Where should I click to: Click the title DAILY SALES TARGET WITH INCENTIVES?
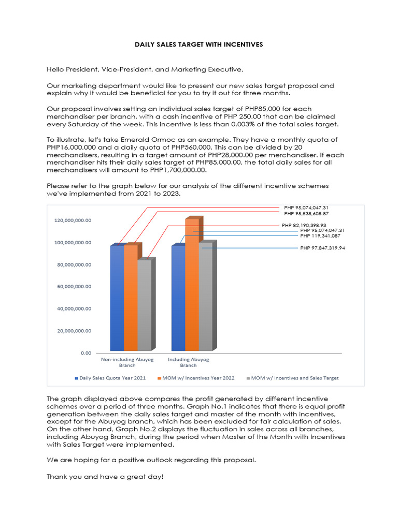199,45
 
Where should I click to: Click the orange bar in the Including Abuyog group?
192,285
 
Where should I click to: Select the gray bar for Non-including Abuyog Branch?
144,305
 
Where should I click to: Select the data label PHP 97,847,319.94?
322,248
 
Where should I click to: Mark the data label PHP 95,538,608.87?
306,213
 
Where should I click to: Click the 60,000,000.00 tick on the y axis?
73,287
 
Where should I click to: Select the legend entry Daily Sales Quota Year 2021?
110,378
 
